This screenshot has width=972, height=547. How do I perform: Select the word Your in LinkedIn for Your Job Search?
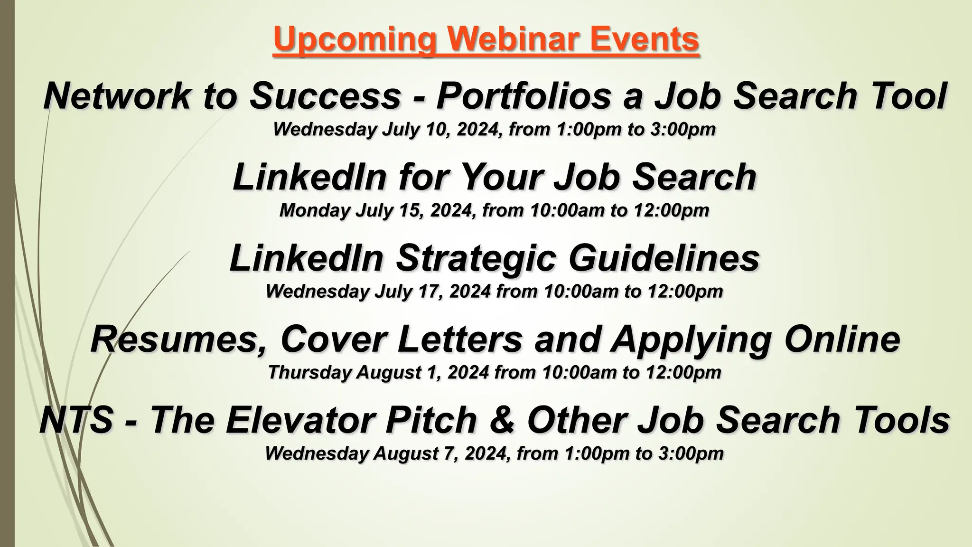(500, 177)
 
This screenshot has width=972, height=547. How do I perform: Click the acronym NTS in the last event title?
(76, 420)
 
